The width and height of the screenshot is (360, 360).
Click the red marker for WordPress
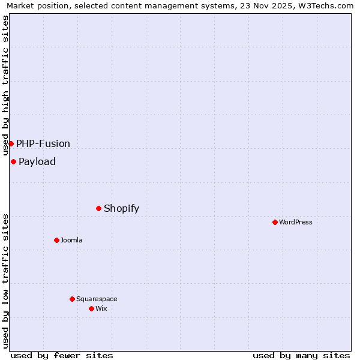[x=275, y=222]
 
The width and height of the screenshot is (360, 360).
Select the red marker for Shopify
[x=98, y=208]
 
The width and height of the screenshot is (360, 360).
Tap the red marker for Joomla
[x=56, y=240]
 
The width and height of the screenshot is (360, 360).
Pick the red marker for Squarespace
[x=72, y=299]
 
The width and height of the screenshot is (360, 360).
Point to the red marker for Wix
[x=91, y=308]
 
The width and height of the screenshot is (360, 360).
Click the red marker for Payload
[x=13, y=161]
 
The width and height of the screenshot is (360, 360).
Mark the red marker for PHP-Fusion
[x=11, y=143]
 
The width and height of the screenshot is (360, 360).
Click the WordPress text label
[x=296, y=222]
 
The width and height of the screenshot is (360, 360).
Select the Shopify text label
[x=121, y=208]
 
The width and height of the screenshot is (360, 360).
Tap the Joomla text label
[x=71, y=240]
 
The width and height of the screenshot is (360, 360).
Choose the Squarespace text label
[x=97, y=299]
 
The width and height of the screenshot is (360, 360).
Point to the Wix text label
[x=101, y=308]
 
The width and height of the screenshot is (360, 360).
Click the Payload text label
[x=37, y=161]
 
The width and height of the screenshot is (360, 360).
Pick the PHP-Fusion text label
[x=43, y=143]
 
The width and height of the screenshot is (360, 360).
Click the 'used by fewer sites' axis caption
[x=62, y=355]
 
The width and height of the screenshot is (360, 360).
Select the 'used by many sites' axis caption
[x=301, y=355]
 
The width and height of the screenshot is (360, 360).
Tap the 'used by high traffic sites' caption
[x=6, y=85]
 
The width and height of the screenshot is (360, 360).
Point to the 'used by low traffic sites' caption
[x=6, y=281]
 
